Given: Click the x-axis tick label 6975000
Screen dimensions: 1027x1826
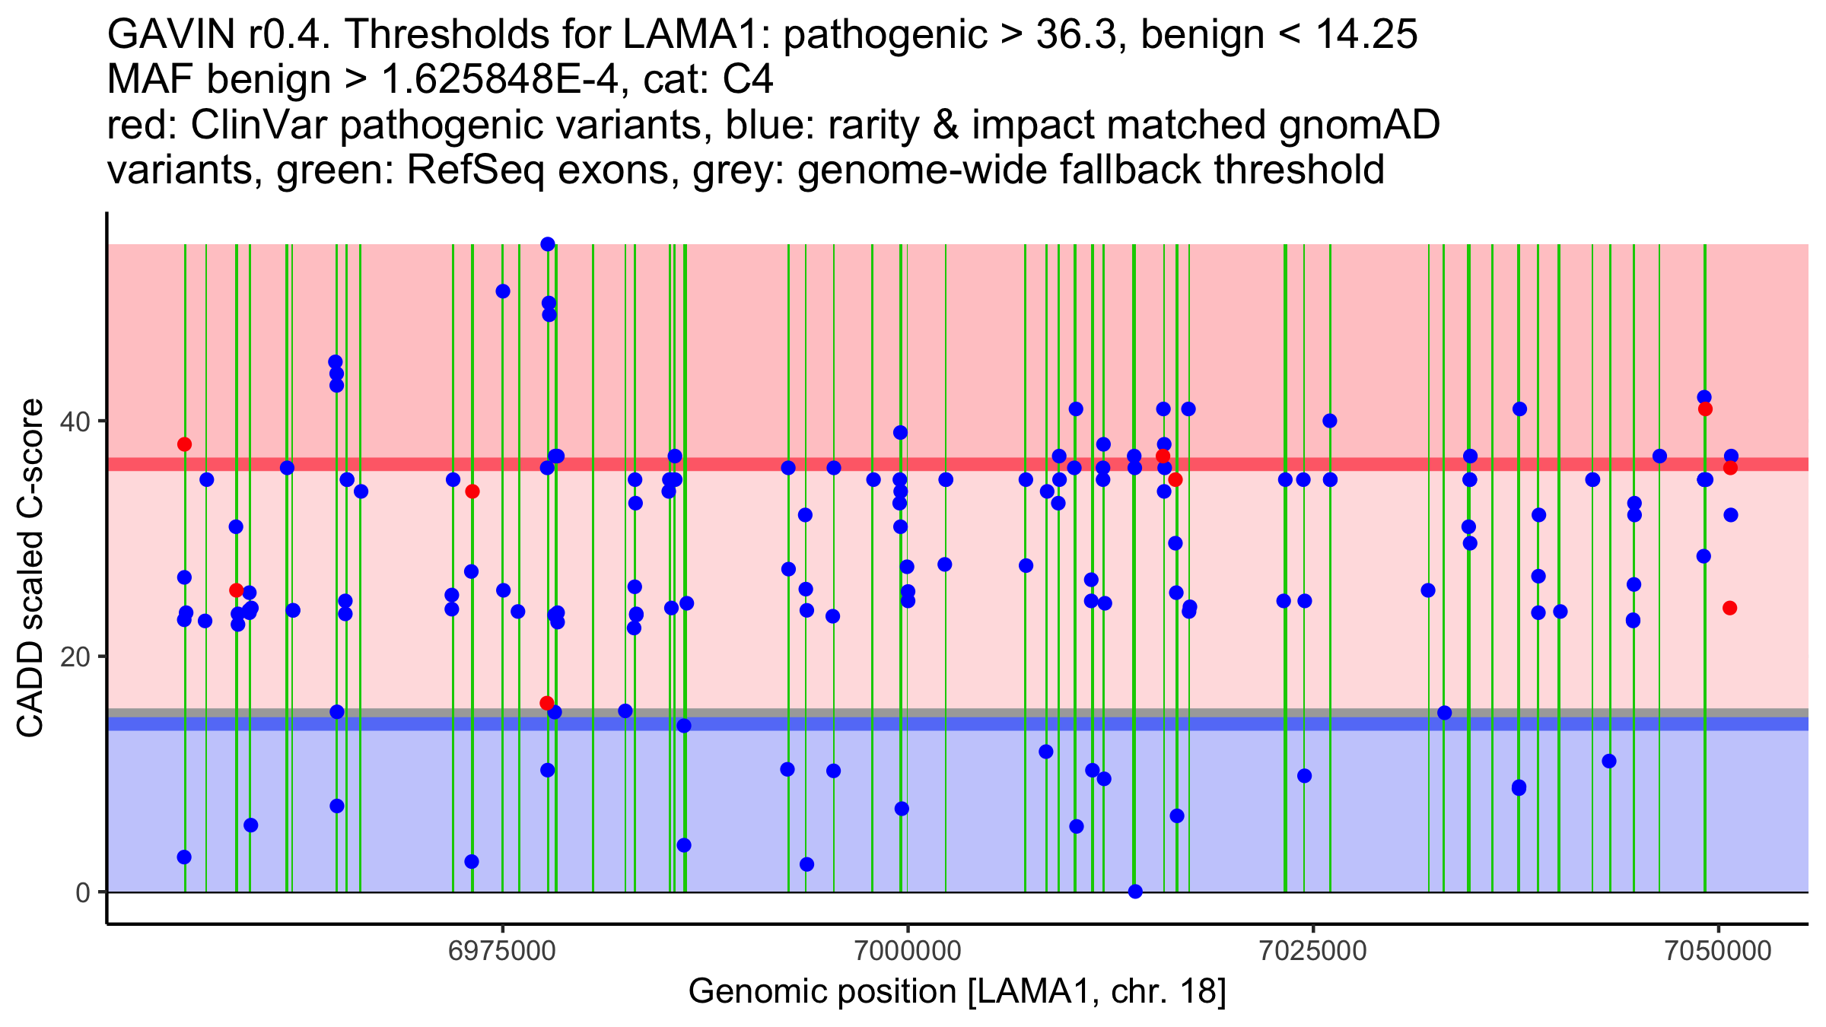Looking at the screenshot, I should (502, 951).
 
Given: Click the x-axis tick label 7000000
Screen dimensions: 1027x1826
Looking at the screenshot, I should (908, 951).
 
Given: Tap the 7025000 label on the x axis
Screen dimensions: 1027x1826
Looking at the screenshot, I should (1312, 951).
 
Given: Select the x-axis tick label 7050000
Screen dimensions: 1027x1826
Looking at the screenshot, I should (1718, 951).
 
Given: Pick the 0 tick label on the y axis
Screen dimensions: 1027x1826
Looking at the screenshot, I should (82, 892).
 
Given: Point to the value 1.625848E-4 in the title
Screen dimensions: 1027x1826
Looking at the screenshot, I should (504, 80).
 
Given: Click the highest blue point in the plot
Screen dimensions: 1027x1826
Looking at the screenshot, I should (548, 244).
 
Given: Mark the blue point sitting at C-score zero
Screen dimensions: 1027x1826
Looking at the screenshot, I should (1135, 892).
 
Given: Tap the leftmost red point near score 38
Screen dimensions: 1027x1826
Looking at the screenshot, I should (184, 444).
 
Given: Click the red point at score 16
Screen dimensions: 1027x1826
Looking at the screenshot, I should (547, 703).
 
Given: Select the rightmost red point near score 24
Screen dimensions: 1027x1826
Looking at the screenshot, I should (1730, 608).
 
